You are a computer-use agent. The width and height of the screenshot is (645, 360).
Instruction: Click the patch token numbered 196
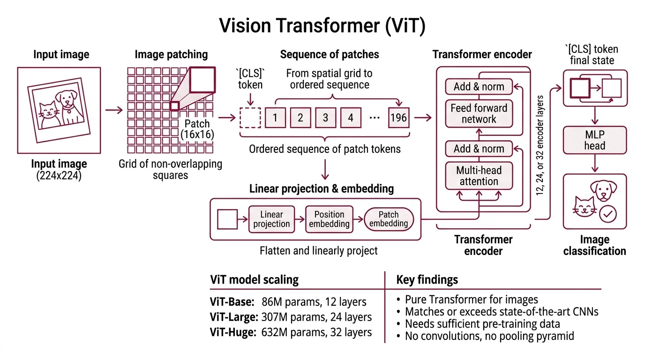[x=398, y=118]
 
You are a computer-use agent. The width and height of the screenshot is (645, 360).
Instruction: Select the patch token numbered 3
[x=325, y=118]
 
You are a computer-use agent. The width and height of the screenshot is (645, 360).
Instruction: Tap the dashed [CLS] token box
[x=250, y=118]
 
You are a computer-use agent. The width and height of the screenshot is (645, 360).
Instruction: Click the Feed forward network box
[x=479, y=113]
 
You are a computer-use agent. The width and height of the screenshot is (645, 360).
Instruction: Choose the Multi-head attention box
[x=479, y=176]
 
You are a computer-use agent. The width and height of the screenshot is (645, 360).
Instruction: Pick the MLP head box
[x=595, y=140]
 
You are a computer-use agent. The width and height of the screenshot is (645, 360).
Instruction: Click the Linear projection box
[x=271, y=219]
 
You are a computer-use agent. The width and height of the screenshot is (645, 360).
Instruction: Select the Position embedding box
[x=329, y=219]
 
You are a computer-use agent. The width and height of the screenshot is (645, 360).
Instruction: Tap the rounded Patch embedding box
[x=389, y=219]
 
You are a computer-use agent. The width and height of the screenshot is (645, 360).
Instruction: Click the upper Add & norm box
[x=479, y=87]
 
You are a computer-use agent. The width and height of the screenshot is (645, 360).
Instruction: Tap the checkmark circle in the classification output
[x=608, y=214]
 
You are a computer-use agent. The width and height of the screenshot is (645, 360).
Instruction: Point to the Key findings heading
[x=427, y=280]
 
